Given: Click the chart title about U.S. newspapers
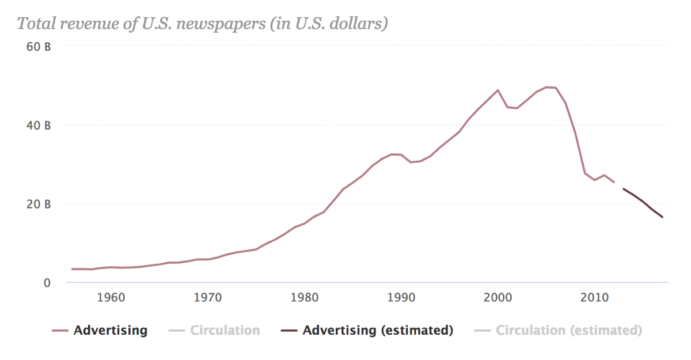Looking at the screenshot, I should click(202, 24).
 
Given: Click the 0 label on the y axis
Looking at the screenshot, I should click(47, 283).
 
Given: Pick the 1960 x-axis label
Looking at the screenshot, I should click(111, 298).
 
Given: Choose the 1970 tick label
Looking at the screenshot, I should click(208, 298).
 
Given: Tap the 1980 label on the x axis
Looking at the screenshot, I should click(305, 298).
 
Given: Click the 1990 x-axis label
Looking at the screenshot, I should click(401, 298).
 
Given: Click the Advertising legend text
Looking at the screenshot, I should click(111, 331).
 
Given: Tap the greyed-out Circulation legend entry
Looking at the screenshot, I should click(225, 331).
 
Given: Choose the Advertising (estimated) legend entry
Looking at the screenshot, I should click(378, 331).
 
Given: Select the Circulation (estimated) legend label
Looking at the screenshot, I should click(569, 331).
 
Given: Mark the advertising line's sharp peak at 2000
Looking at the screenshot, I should click(498, 90).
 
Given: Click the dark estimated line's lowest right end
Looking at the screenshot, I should click(662, 217).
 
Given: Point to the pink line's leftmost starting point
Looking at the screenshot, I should click(72, 269).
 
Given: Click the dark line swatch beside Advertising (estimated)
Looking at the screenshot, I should click(288, 331).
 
